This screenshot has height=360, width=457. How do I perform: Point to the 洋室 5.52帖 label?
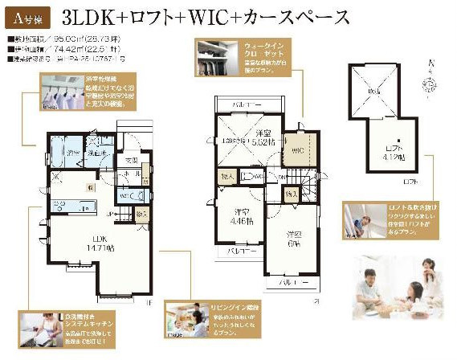click(261, 137)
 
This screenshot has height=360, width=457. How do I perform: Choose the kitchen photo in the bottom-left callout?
click(35, 330)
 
